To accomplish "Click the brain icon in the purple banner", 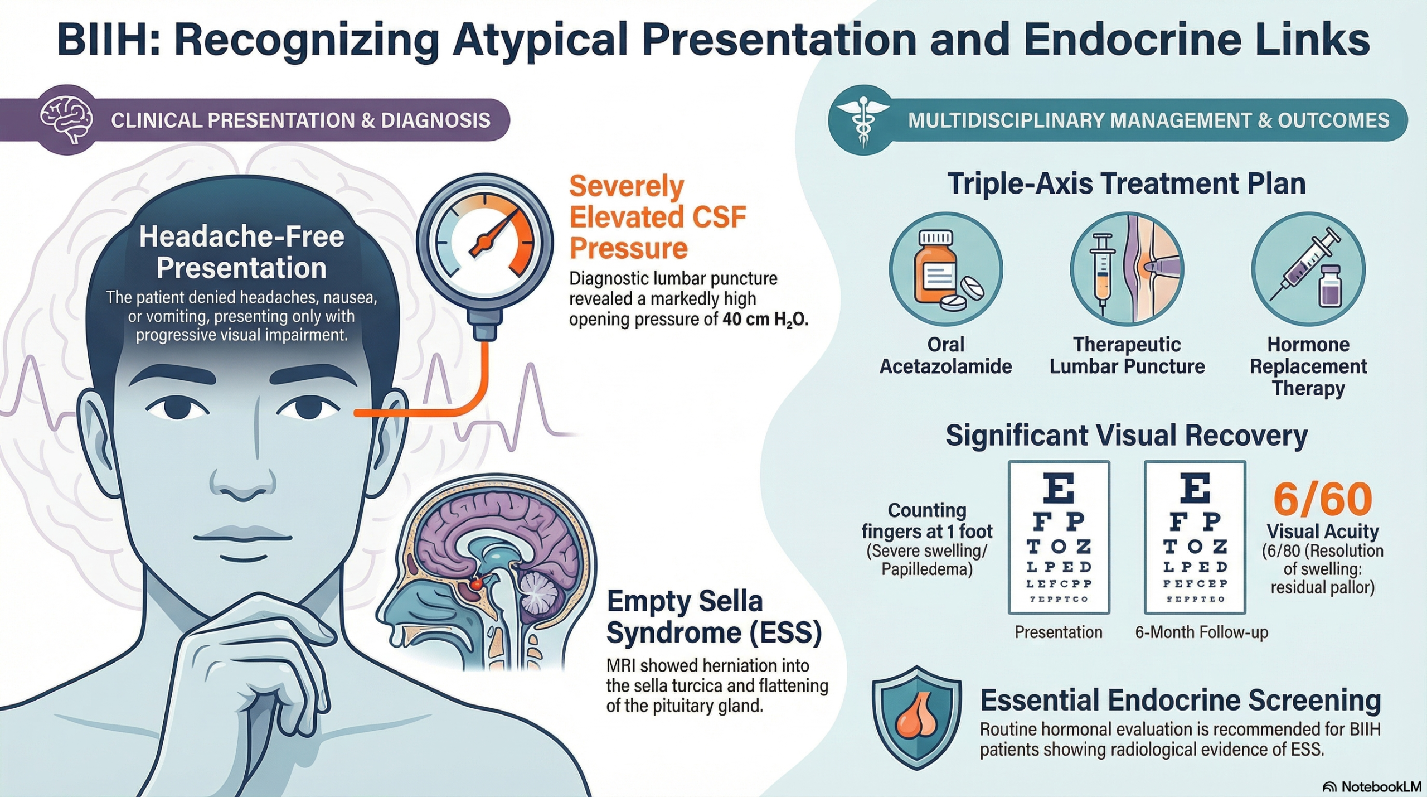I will click(66, 119).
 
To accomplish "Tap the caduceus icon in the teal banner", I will click(863, 120).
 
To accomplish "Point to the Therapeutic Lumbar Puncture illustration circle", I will click(1127, 269).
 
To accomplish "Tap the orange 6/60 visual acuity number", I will click(1322, 499).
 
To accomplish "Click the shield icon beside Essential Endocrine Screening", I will click(916, 717).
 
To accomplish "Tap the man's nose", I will click(244, 480).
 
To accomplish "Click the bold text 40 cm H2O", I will click(765, 320).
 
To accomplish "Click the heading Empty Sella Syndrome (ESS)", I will click(713, 617).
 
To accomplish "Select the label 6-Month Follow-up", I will click(1201, 632).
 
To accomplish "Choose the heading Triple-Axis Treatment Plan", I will click(1126, 183).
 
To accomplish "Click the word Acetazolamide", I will click(945, 366).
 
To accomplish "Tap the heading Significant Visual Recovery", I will click(1126, 435).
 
